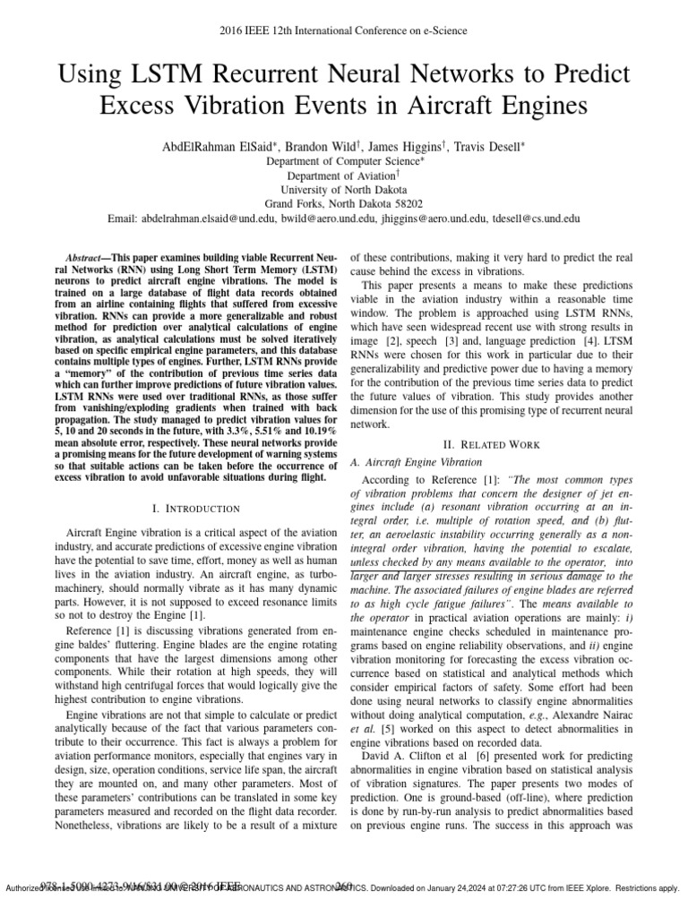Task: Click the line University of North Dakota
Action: point(343,190)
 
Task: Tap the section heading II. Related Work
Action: point(499,444)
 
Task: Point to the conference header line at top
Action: point(343,30)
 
